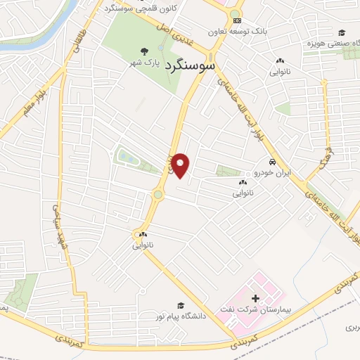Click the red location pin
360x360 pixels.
point(181,165)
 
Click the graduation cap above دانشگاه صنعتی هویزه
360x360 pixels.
point(341,32)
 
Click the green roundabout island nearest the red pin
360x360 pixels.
point(157,195)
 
